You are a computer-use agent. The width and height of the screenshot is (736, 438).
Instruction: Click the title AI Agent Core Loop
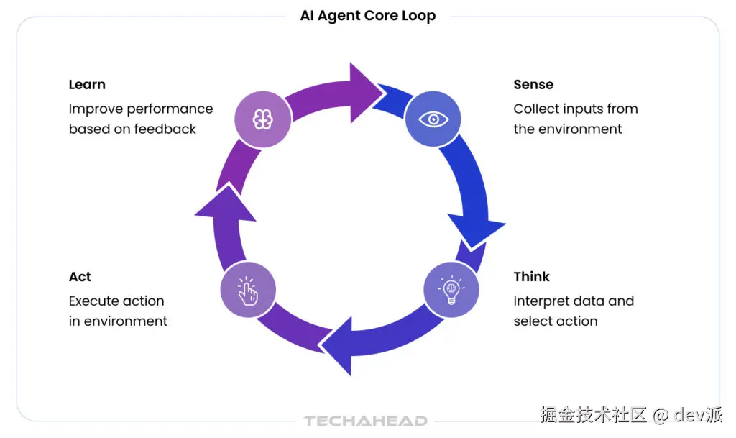(367, 16)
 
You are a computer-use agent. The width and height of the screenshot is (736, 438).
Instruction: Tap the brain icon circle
(263, 119)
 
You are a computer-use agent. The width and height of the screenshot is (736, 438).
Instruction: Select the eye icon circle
(433, 119)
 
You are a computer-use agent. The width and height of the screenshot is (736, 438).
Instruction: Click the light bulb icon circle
(451, 290)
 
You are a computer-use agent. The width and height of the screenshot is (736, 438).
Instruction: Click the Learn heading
(87, 85)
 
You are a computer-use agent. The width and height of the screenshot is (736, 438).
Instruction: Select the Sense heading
(533, 85)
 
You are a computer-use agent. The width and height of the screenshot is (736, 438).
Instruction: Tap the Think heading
(531, 277)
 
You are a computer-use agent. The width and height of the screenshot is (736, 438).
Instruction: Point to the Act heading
(80, 277)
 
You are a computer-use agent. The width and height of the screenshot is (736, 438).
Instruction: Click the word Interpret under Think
(540, 301)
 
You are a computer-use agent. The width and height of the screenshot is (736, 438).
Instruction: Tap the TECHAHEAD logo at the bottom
(365, 421)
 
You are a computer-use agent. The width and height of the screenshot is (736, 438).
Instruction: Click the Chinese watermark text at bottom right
(594, 415)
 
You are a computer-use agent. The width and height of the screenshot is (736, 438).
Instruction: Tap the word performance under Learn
(170, 109)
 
